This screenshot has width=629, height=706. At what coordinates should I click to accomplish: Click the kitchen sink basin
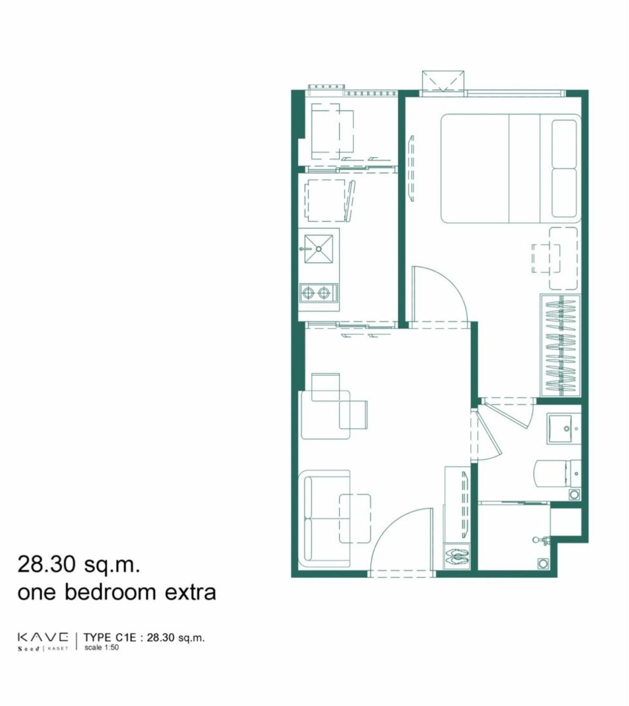click(319, 248)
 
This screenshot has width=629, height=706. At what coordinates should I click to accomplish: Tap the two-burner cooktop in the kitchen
click(319, 292)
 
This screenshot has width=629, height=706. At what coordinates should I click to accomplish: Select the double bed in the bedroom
click(511, 169)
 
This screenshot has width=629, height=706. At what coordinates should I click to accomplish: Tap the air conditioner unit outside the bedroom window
click(443, 82)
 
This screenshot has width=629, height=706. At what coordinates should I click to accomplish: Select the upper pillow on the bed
click(564, 143)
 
